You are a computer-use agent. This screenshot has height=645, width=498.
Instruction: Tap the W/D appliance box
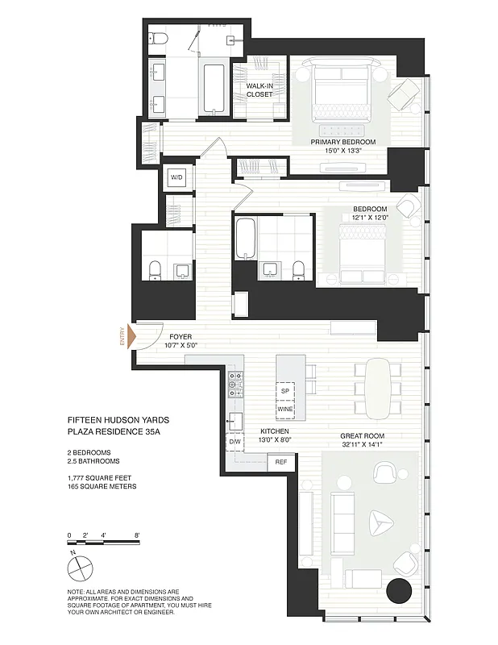[176, 178]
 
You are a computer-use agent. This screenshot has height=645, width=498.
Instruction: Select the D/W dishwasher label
[235, 442]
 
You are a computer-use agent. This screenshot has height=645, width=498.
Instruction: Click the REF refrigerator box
[281, 462]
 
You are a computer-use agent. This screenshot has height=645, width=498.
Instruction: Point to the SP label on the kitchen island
[284, 391]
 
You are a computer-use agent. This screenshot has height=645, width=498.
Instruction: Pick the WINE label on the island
[284, 409]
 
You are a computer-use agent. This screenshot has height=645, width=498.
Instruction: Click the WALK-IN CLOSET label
[259, 89]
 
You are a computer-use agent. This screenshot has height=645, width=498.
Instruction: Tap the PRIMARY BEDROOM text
[343, 142]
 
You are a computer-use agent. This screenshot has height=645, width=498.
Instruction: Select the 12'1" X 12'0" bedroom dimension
[370, 217]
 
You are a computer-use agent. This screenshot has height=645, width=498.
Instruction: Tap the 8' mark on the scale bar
[138, 535]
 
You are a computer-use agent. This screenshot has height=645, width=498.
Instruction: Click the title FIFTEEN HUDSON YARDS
[118, 420]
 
